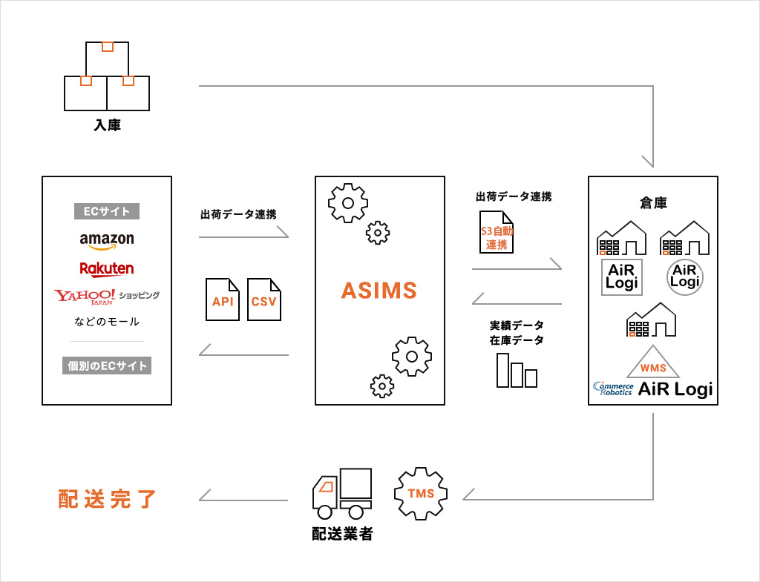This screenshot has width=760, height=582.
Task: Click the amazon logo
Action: [x=107, y=241]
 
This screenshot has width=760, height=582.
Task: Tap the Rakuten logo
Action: [x=107, y=268]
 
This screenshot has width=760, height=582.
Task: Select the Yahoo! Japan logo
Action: [x=85, y=297]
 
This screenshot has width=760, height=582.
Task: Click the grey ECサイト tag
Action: [x=107, y=211]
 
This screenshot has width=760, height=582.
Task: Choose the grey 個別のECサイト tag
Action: [x=107, y=366]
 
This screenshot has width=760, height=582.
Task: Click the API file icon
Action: [x=223, y=300]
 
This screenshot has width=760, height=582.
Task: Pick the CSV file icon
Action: [x=264, y=300]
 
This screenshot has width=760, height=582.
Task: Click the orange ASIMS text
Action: [x=379, y=291]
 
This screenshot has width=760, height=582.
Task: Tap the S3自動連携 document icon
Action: [x=497, y=232]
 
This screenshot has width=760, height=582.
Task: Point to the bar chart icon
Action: [x=517, y=370]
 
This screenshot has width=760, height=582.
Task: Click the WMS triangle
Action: [x=653, y=363]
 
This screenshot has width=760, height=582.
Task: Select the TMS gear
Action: [x=421, y=493]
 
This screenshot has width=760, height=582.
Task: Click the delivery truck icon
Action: [x=342, y=493]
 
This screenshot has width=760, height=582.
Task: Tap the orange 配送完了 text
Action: [x=107, y=499]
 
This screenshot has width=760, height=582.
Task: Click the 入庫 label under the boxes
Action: [x=107, y=125]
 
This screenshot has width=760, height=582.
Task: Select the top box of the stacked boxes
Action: [x=107, y=59]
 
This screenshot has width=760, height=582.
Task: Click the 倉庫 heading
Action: [x=653, y=203]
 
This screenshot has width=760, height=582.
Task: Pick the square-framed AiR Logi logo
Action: [x=622, y=277]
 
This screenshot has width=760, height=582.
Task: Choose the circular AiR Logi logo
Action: [x=685, y=277]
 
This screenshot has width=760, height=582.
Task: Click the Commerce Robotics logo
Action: [x=613, y=388]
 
